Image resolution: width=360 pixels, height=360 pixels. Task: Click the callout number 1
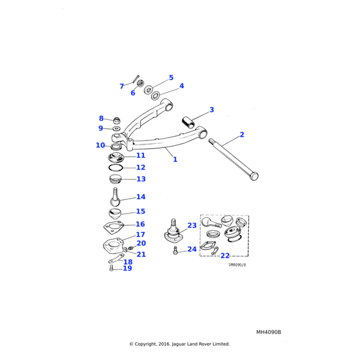[x=175, y=160]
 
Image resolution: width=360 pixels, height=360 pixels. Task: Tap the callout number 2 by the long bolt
[x=242, y=135]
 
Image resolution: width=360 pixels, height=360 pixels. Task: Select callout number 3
[x=211, y=110]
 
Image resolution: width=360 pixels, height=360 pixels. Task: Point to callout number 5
[x=171, y=78]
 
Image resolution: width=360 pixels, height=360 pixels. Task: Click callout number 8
[x=101, y=118]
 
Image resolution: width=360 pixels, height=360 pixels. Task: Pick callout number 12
[x=140, y=168]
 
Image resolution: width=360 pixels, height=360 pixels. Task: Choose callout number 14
[x=140, y=197]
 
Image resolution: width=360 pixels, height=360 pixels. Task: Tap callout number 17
[x=140, y=235]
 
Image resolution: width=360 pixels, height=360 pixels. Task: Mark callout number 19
[x=127, y=268]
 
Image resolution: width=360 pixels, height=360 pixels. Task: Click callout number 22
[x=224, y=256]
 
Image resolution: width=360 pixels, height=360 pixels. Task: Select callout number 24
[x=191, y=249]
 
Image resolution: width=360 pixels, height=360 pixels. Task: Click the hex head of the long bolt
[x=253, y=176]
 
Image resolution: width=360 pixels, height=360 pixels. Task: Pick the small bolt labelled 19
[x=112, y=269]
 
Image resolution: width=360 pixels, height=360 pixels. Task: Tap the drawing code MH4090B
[x=268, y=332]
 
